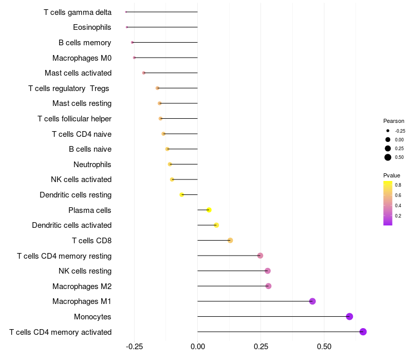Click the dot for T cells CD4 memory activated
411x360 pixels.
pos(363,332)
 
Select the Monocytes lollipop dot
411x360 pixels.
pos(350,316)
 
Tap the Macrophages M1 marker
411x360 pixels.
pos(312,301)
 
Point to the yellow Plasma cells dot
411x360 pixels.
pos(209,210)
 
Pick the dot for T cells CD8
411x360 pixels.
pos(230,240)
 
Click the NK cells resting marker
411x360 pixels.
pos(268,271)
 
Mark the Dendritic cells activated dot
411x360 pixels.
pos(216,225)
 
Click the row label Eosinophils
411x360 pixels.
pos(92,27)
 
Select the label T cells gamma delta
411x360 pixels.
pos(78,12)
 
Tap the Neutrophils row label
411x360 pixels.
pos(92,165)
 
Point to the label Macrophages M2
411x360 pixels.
pos(82,286)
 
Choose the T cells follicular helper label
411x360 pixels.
pos(74,119)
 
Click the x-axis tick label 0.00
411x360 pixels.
pos(198,347)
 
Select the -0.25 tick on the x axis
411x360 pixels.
pos(134,347)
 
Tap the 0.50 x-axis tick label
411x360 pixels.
pos(324,347)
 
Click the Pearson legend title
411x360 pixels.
pos(394,121)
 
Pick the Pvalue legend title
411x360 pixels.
pos(391,175)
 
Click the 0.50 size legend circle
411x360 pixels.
pos(388,157)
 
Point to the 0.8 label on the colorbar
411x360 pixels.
pos(398,185)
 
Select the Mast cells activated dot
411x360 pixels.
pos(144,73)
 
